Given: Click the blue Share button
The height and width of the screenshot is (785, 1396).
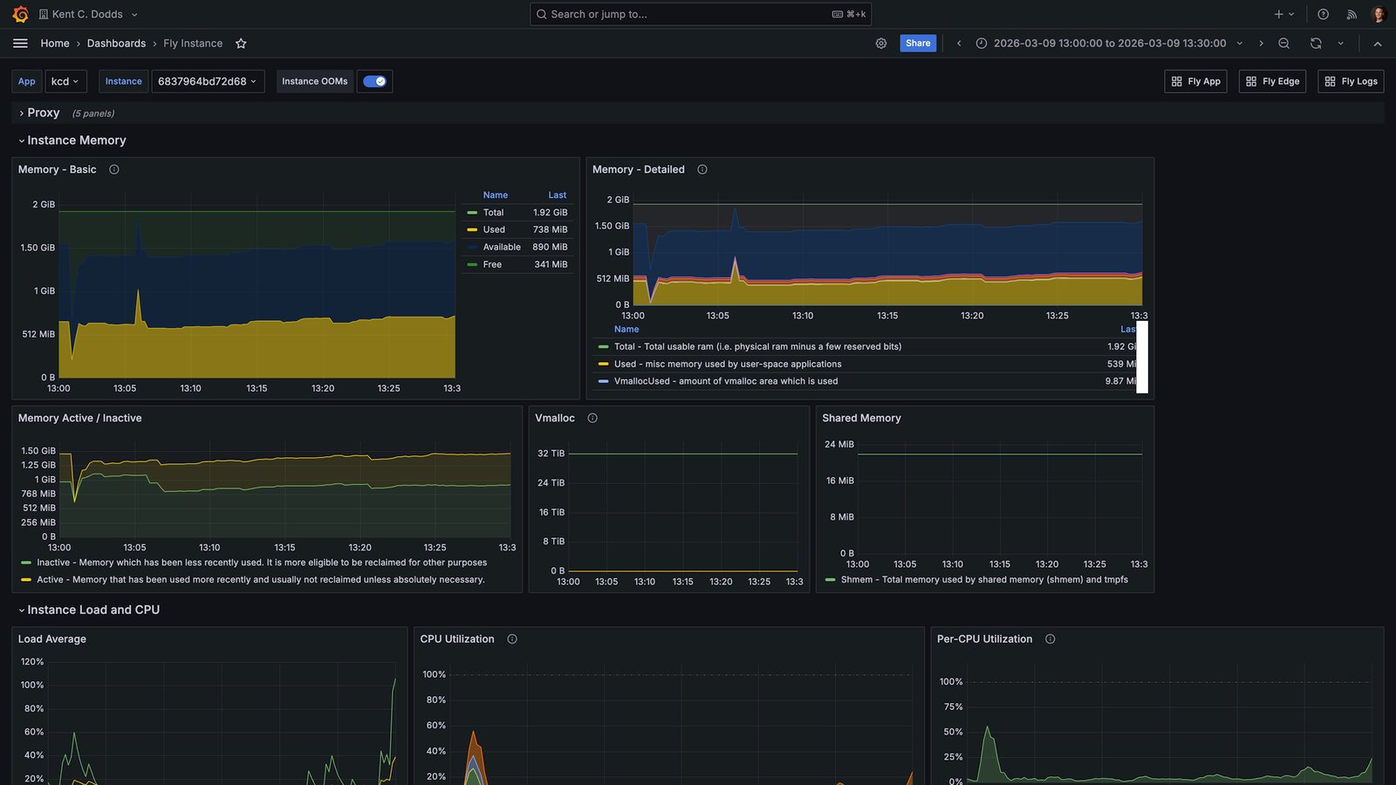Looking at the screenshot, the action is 917,43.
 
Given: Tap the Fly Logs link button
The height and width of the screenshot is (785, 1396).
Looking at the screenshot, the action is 1351,82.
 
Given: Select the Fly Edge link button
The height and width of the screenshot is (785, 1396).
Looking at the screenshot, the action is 1272,82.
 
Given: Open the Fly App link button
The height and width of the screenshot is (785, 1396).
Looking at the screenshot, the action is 1195,82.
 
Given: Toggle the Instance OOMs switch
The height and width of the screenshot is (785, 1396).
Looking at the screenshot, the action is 374,82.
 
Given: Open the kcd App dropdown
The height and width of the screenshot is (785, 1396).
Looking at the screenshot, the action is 65,82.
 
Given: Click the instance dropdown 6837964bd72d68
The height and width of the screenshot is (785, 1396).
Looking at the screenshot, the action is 208,82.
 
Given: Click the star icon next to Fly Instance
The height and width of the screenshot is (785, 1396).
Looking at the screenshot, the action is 241,44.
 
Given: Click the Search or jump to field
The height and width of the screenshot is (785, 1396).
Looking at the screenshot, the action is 700,14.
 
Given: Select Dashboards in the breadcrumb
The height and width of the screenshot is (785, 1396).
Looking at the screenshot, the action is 116,44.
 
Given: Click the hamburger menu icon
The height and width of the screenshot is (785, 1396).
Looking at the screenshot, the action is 20,43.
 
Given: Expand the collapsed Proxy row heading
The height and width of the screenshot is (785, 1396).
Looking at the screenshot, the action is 43,113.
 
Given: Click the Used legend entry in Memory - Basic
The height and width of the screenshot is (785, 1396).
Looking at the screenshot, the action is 494,230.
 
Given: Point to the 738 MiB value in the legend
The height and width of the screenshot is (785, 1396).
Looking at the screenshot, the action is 550,230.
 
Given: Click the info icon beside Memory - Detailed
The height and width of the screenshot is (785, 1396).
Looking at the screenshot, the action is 701,169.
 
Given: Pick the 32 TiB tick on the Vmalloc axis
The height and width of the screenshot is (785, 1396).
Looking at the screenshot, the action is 551,454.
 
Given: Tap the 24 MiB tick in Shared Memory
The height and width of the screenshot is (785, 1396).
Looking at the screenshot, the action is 838,444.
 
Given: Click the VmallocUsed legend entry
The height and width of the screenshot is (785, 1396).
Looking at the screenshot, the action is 725,381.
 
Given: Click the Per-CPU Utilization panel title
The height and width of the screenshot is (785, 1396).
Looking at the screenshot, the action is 984,639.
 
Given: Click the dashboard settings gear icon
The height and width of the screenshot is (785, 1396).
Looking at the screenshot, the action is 880,44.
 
